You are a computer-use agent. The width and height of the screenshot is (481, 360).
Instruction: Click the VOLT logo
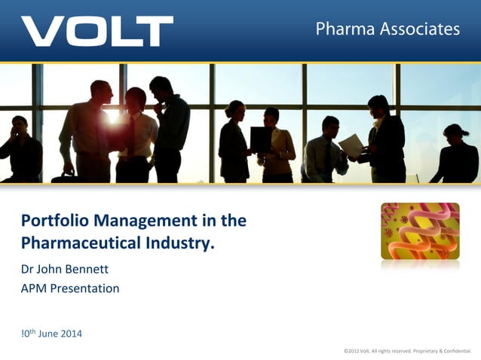(x=97, y=31)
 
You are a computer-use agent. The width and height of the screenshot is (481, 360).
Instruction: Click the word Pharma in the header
(x=342, y=29)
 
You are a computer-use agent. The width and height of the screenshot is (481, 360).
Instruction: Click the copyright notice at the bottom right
(x=406, y=351)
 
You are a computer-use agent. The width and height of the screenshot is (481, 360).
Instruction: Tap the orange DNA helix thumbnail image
(x=420, y=230)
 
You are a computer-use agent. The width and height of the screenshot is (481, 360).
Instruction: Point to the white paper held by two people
(x=351, y=145)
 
